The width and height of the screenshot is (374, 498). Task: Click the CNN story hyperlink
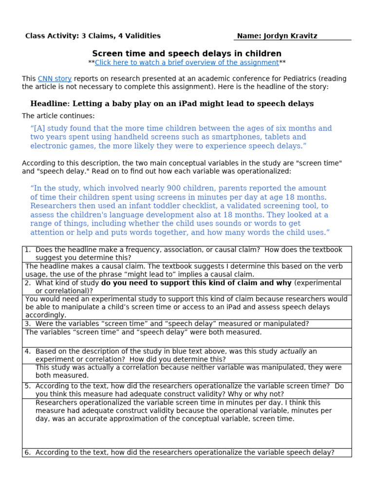coord(55,79)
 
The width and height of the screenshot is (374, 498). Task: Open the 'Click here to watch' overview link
coord(187,63)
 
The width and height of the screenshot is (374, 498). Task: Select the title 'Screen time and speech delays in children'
coord(187,53)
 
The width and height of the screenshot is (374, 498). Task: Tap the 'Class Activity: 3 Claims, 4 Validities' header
coord(93,36)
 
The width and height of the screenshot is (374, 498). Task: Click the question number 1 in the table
coord(28,250)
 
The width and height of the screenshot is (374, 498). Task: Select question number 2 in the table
coord(28,283)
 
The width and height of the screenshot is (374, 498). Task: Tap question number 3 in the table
coord(28,324)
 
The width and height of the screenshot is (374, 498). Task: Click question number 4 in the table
coord(28,351)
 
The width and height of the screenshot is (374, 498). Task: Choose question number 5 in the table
coord(28,386)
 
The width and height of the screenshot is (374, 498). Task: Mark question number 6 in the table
coord(28,453)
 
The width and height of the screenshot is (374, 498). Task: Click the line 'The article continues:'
coord(58,116)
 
